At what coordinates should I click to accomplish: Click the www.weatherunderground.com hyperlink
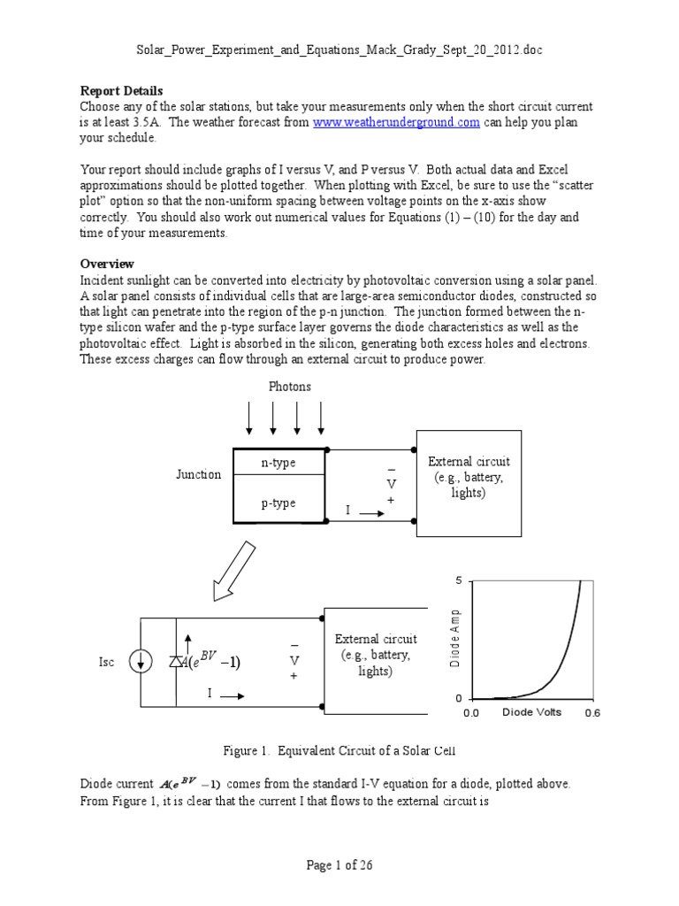pyautogui.click(x=396, y=122)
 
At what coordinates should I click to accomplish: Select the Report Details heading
pyautogui.click(x=121, y=90)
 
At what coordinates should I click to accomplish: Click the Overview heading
pyautogui.click(x=107, y=264)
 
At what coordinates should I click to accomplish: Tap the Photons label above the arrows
pyautogui.click(x=289, y=387)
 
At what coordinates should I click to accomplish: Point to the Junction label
pyautogui.click(x=198, y=474)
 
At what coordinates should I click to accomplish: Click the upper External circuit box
pyautogui.click(x=469, y=482)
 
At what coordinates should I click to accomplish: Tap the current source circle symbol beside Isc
pyautogui.click(x=139, y=662)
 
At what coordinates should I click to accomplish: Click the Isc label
pyautogui.click(x=106, y=663)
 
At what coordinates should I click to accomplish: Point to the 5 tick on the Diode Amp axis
pyautogui.click(x=458, y=580)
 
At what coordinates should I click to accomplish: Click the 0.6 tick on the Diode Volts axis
pyautogui.click(x=591, y=713)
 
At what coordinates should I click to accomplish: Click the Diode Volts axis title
pyautogui.click(x=533, y=712)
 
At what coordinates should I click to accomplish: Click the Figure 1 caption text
pyautogui.click(x=340, y=751)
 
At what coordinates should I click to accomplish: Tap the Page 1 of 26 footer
pyautogui.click(x=339, y=865)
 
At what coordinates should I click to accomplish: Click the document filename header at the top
pyautogui.click(x=339, y=50)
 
